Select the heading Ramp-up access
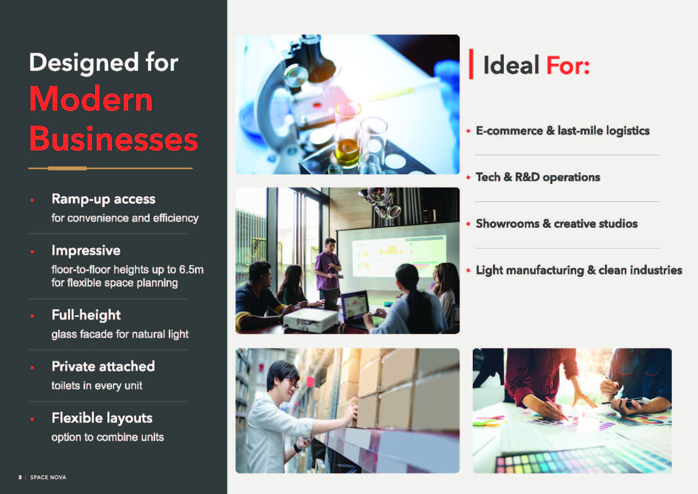point(103,199)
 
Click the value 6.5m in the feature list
point(191,269)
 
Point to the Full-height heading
point(86,315)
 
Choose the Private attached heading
point(103,366)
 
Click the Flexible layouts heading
point(102,418)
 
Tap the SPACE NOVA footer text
point(48,477)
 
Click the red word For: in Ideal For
point(568,65)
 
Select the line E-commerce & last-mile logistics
point(563,131)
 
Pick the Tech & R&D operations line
point(538,177)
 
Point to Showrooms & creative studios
point(557,224)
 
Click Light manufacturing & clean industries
point(579,270)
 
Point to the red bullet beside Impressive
point(32,252)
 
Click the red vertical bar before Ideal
point(471,64)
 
